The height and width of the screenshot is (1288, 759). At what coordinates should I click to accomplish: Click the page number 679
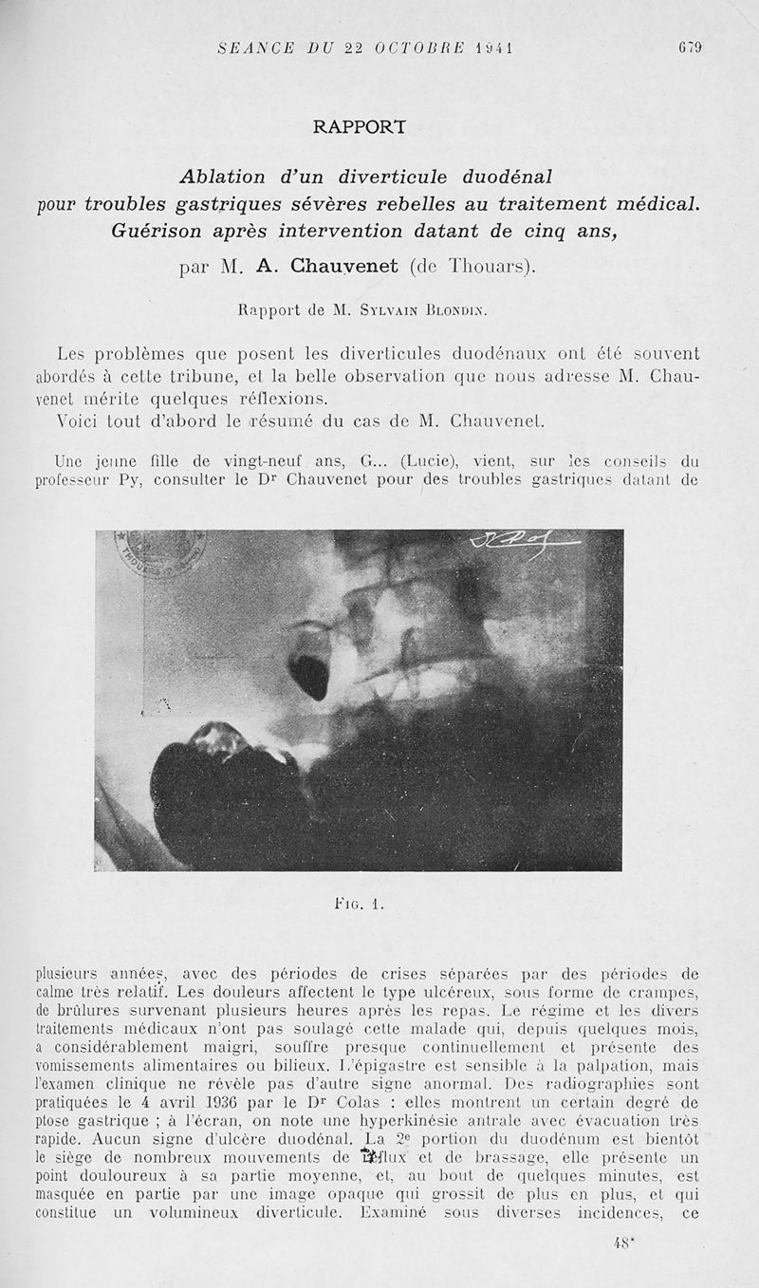point(689,47)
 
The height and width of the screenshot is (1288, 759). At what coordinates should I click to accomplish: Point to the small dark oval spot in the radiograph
point(308,671)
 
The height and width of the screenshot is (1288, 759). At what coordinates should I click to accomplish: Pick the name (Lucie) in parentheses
point(430,462)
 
